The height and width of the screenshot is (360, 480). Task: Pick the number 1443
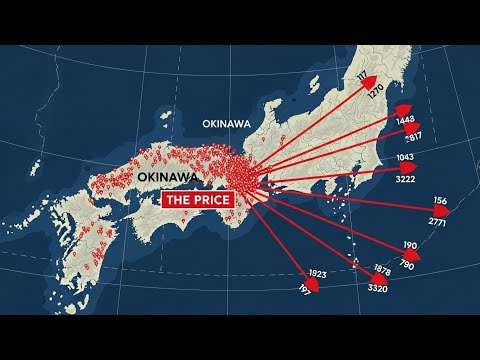click(405, 121)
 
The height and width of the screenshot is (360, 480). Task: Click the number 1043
click(405, 158)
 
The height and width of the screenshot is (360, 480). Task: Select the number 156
click(441, 201)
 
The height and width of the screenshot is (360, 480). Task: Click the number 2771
click(438, 220)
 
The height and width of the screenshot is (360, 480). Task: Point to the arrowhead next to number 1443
click(402, 109)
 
